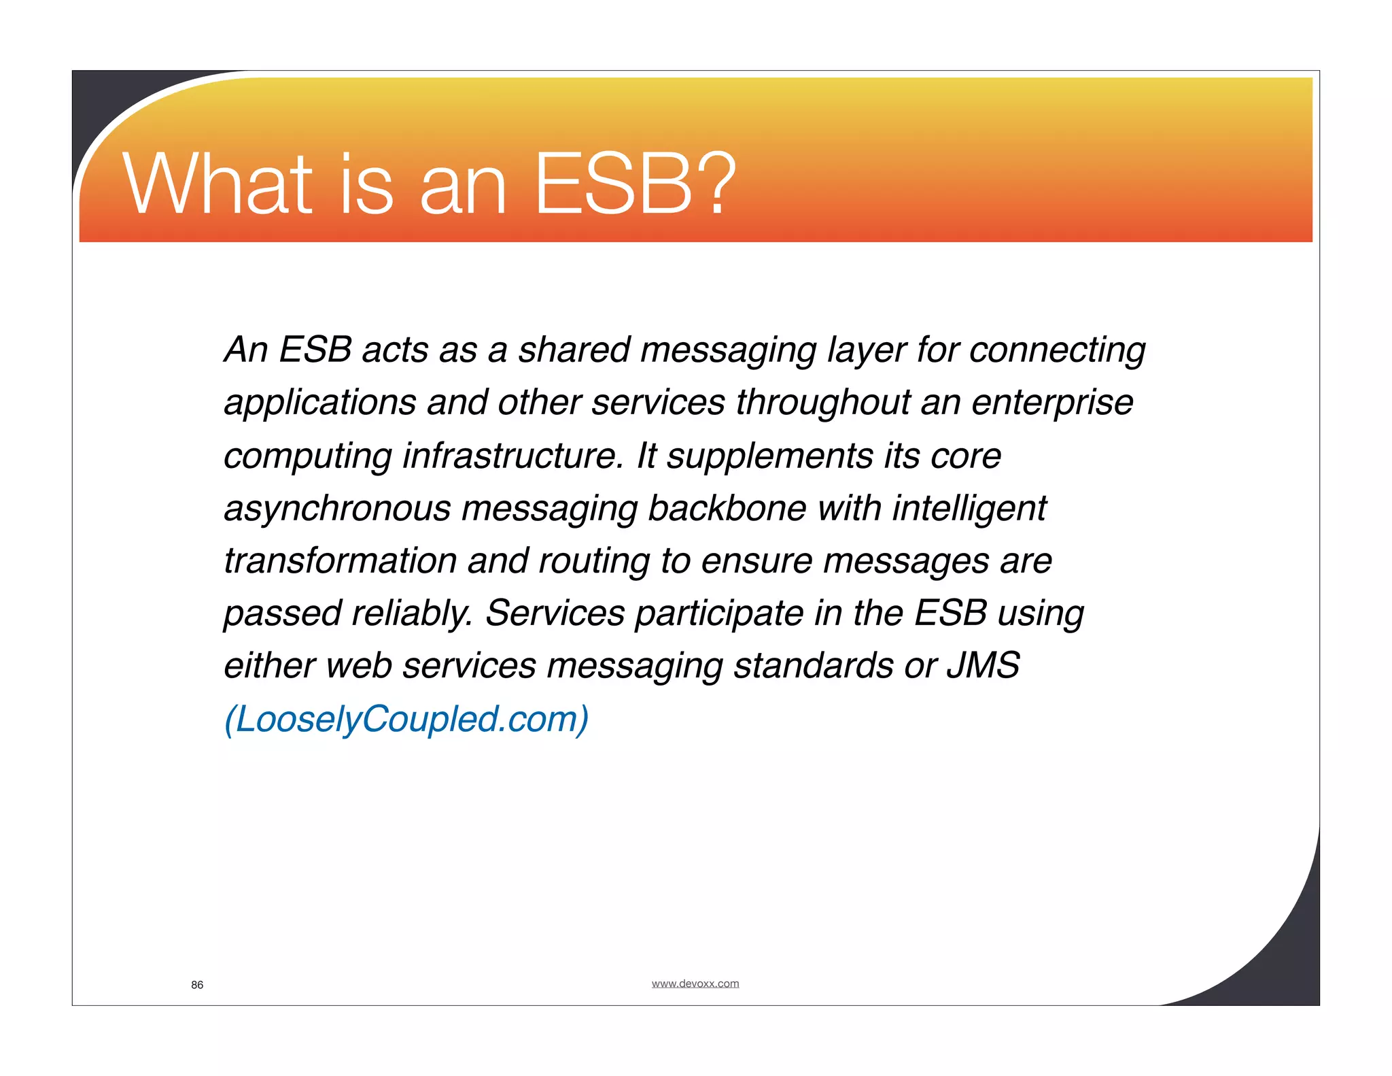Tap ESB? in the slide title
tap(635, 184)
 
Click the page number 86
tap(197, 985)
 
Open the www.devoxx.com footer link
tap(695, 983)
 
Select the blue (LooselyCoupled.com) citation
tap(406, 719)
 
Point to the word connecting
tap(1057, 350)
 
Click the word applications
tap(319, 403)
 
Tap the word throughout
tap(823, 403)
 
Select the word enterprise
tap(1052, 403)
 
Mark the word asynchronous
tap(337, 509)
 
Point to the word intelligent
tap(969, 509)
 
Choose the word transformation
tap(340, 561)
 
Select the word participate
tap(719, 613)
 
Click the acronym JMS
tap(983, 666)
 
